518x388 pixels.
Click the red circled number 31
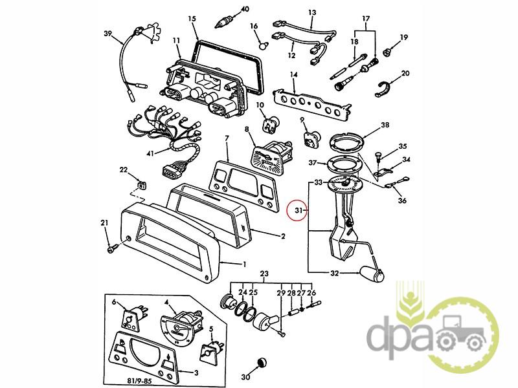point(298,210)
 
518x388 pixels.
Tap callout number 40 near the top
point(245,9)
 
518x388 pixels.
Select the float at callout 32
point(372,275)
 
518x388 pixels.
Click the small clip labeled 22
point(142,186)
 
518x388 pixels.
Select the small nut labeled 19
point(387,52)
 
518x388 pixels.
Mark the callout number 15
point(192,19)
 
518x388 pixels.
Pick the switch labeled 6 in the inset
point(133,317)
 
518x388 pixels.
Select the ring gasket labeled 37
point(344,164)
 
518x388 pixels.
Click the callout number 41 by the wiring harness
point(150,153)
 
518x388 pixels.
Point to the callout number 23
point(264,274)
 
